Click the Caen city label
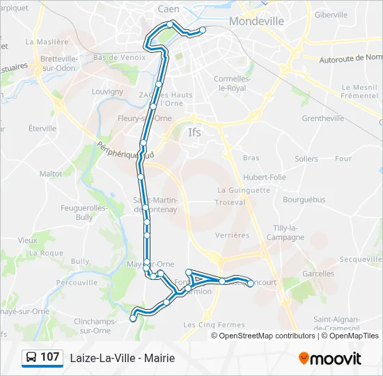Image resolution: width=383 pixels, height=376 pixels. coord(169,9)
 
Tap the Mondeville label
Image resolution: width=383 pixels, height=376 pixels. coord(256,21)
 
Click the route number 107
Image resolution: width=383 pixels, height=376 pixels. coord(49,357)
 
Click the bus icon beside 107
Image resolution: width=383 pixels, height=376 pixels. coord(31,358)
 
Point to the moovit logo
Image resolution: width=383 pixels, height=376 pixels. coord(330,359)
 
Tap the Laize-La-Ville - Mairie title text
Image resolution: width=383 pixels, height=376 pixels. coord(122,358)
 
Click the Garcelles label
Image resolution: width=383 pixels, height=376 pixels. coord(318,274)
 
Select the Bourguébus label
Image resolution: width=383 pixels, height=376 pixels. coord(304,199)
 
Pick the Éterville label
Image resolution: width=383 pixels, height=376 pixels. coord(42,128)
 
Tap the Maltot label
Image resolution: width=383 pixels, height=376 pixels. coord(51,173)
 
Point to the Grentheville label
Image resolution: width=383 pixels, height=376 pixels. coord(323,118)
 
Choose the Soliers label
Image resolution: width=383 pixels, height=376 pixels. coord(306,159)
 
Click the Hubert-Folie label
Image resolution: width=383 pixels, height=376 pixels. coord(265,177)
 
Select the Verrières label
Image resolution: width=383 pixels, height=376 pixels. coord(232,235)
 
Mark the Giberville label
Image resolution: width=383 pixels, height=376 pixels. coord(331,15)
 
